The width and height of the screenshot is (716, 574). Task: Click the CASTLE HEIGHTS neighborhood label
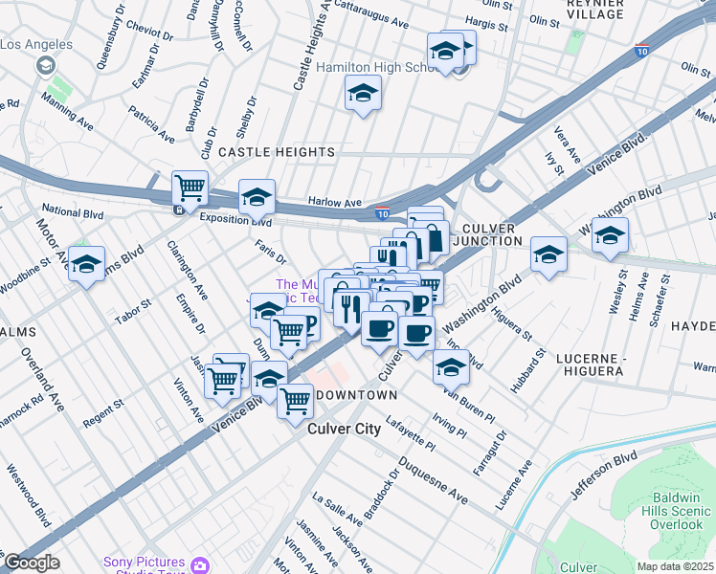pyautogui.click(x=277, y=152)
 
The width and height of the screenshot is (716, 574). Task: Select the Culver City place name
pyautogui.click(x=344, y=430)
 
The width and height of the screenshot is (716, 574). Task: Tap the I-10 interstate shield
pyautogui.click(x=382, y=216)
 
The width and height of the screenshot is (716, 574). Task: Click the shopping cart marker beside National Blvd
pyautogui.click(x=190, y=188)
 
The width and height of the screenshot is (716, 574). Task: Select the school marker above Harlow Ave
pyautogui.click(x=257, y=196)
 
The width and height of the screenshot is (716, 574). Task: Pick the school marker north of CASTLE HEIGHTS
pyautogui.click(x=363, y=93)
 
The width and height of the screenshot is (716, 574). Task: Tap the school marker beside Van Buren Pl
pyautogui.click(x=451, y=366)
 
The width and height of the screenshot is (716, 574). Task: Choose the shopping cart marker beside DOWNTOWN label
pyautogui.click(x=296, y=401)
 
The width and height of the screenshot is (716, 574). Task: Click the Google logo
pyautogui.click(x=32, y=563)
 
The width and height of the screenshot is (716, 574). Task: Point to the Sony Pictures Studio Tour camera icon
pyautogui.click(x=200, y=565)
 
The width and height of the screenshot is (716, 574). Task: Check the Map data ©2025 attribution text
pyautogui.click(x=675, y=566)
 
